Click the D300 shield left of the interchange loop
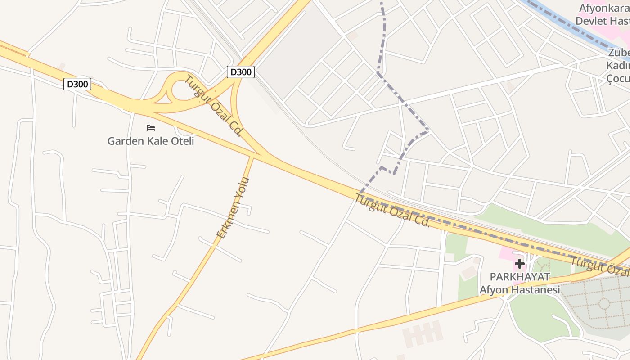pos(77,84)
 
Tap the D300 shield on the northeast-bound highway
pos(241,72)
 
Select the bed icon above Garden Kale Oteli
pos(151,128)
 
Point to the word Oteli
pos(181,141)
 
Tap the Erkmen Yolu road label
pos(233,208)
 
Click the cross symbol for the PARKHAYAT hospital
pos(520,263)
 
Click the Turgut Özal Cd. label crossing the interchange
pos(214,106)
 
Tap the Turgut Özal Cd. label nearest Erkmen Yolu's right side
pos(392,210)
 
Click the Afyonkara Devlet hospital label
pos(603,14)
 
